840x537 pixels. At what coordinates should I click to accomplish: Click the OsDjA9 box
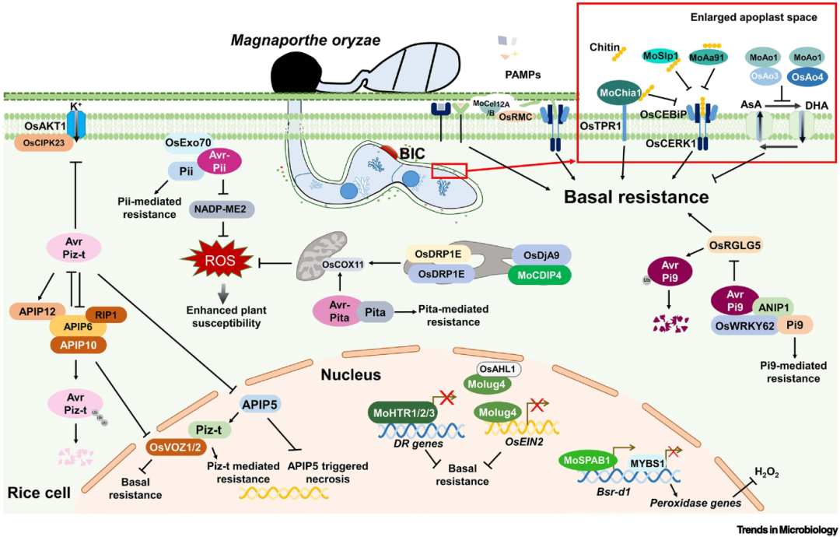click(542, 254)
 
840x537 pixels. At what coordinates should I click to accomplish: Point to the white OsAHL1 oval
click(495, 368)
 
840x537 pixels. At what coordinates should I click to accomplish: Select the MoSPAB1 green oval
click(592, 459)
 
